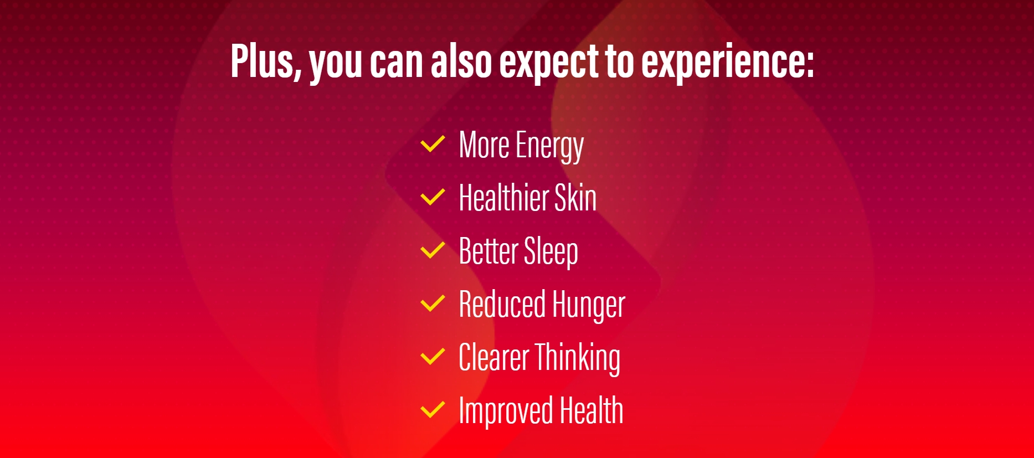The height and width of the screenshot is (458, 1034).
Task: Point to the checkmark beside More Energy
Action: pos(433,144)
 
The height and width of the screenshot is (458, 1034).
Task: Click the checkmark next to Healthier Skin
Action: pos(433,197)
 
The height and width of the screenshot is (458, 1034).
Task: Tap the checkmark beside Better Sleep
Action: pos(433,250)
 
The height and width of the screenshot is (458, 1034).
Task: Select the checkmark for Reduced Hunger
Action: pos(433,303)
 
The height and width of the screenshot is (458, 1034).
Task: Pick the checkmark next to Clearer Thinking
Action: pos(433,357)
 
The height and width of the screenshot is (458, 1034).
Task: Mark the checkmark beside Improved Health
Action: pos(433,410)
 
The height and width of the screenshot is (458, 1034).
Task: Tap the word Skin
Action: pos(575,197)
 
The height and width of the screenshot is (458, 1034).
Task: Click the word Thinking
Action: pos(577,359)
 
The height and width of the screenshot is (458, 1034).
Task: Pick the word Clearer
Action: pos(494,358)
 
